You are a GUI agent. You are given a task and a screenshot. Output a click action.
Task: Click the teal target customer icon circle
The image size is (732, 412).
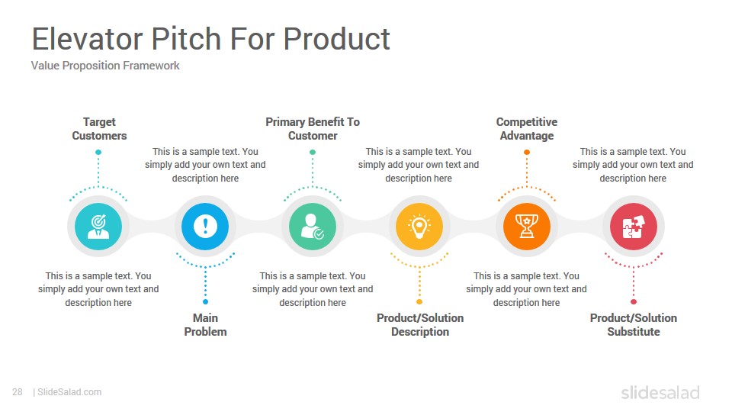(98, 227)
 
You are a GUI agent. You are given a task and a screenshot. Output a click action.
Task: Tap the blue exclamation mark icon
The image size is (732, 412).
(205, 227)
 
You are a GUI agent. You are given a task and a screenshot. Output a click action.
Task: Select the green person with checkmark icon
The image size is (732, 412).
(313, 227)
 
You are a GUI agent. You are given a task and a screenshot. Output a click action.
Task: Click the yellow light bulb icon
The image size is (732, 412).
(419, 227)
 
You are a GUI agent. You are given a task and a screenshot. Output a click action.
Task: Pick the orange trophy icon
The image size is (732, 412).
(527, 227)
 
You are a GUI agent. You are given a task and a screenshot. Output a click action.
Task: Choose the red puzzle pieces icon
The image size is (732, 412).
(634, 227)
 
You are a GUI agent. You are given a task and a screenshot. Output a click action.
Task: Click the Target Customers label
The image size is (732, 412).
(99, 129)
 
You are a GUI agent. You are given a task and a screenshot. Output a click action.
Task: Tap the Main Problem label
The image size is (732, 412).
(205, 325)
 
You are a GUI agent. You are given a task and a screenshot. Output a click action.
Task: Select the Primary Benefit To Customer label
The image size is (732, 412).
(313, 129)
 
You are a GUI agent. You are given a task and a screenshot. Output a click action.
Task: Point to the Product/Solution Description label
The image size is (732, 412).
(420, 325)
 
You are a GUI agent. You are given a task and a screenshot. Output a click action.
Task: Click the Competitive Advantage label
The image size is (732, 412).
(527, 129)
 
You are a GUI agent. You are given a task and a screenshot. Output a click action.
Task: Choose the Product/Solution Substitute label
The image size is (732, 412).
(634, 325)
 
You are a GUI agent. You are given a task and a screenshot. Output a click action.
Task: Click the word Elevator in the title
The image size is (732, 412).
(87, 38)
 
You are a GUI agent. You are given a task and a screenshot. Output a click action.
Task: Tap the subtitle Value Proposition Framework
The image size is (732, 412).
(105, 66)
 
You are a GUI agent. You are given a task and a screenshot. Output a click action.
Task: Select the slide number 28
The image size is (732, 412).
(18, 392)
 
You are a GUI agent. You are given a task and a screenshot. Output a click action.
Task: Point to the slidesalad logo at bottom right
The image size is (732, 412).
(660, 392)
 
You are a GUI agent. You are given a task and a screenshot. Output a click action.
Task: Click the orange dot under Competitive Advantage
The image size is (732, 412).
(527, 153)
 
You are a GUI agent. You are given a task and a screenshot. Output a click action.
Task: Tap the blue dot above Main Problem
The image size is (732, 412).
(205, 302)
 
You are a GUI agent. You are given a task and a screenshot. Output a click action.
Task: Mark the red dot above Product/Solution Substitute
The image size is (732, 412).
(634, 302)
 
